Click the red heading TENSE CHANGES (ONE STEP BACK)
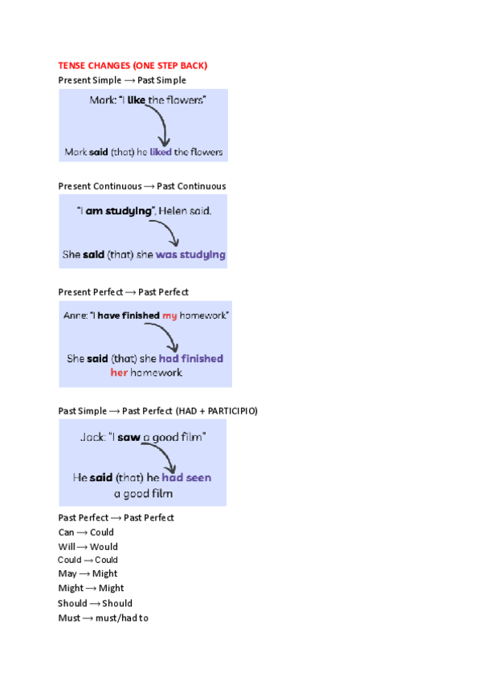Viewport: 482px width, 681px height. coord(133,65)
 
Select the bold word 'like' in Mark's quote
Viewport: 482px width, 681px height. coord(137,100)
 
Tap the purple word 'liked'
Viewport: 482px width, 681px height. coord(160,151)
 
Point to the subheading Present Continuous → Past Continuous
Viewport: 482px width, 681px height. coord(141,186)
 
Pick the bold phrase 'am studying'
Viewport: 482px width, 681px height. coord(117,210)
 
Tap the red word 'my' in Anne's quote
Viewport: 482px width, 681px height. coord(170,316)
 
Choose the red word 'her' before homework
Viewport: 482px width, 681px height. coord(119,373)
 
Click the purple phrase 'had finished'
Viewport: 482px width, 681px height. coord(190,359)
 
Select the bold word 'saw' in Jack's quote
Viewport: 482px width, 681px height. coord(129,437)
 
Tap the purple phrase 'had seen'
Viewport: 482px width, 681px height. coord(186,477)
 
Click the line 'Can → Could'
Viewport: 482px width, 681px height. coord(86,532)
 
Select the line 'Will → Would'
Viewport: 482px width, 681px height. coord(88,547)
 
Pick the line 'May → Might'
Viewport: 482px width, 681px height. coord(88,574)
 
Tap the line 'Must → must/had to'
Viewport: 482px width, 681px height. coord(103,618)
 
